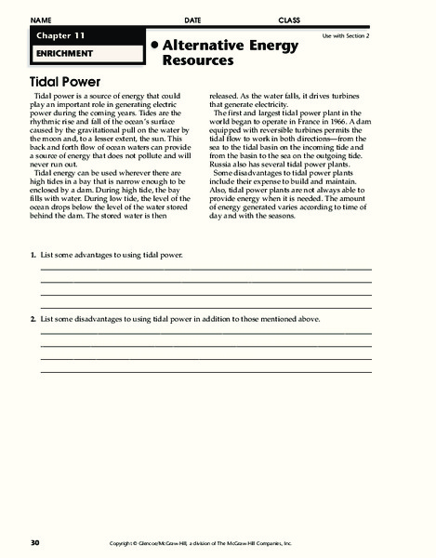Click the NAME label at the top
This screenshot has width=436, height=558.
click(40, 20)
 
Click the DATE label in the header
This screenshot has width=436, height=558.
click(192, 20)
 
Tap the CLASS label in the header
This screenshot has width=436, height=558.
click(289, 20)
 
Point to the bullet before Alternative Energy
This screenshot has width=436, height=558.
click(153, 44)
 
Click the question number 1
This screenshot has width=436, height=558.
click(32, 254)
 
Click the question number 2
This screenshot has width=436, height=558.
click(32, 319)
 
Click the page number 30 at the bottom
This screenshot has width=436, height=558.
click(34, 541)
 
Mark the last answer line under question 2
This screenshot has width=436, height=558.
click(205, 372)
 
